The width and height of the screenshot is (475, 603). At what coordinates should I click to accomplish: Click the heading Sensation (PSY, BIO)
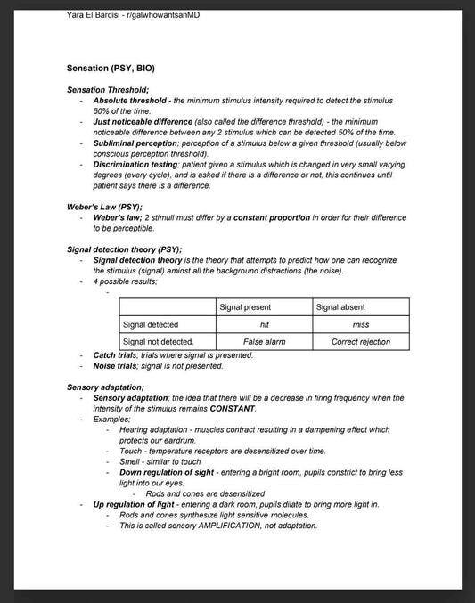pyautogui.click(x=116, y=68)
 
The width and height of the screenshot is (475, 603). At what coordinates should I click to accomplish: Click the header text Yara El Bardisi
pyautogui.click(x=97, y=15)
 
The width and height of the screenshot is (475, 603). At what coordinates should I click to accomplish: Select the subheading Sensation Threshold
pyautogui.click(x=108, y=90)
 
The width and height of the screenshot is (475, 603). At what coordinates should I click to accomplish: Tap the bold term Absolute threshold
pyautogui.click(x=129, y=101)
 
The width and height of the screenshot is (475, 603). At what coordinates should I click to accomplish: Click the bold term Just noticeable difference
pyautogui.click(x=148, y=121)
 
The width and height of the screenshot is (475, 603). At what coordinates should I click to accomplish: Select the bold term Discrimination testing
pyautogui.click(x=143, y=164)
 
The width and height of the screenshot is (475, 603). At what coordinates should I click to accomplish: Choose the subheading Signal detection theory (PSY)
pyautogui.click(x=125, y=249)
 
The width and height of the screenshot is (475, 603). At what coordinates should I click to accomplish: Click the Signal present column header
pyautogui.click(x=245, y=307)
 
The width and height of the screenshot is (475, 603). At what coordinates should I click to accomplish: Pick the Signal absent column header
pyautogui.click(x=340, y=307)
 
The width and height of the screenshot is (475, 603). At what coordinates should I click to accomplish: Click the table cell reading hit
pyautogui.click(x=264, y=324)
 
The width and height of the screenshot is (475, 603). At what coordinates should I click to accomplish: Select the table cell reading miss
pyautogui.click(x=361, y=324)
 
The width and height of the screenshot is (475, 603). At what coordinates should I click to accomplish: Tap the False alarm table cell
pyautogui.click(x=264, y=341)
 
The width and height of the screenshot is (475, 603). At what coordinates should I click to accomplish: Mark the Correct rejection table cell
pyautogui.click(x=361, y=341)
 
